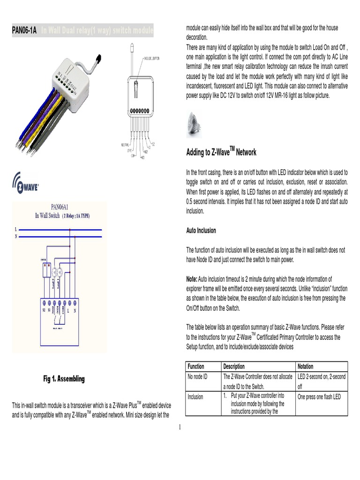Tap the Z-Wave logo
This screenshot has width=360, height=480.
pyautogui.click(x=26, y=182)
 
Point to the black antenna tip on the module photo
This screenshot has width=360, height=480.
pyautogui.click(x=98, y=59)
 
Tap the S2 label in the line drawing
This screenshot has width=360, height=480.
pyautogui.click(x=154, y=144)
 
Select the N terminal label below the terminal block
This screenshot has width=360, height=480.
pyautogui.click(x=75, y=311)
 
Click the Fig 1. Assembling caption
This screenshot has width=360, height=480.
pyautogui.click(x=64, y=379)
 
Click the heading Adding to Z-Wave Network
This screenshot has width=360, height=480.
pyautogui.click(x=221, y=152)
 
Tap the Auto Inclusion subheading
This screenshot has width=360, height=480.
pyautogui.click(x=201, y=231)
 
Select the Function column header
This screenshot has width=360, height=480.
pyautogui.click(x=195, y=367)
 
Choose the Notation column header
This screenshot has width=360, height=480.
pyautogui.click(x=305, y=367)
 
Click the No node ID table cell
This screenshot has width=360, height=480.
pyautogui.click(x=197, y=376)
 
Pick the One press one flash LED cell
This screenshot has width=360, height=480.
pyautogui.click(x=319, y=397)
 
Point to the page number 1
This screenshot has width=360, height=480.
pyautogui.click(x=180, y=427)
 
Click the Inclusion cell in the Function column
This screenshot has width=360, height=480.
pyautogui.click(x=195, y=397)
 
